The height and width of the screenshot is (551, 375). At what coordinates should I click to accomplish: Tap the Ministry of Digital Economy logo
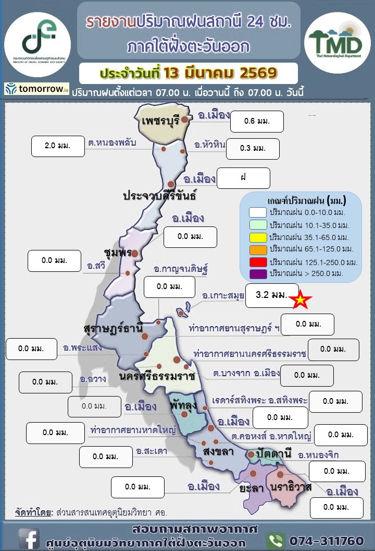click(x=37, y=38)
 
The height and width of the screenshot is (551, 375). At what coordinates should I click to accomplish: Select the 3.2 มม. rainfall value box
click(x=272, y=295)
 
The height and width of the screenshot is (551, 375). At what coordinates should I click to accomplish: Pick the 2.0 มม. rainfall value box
click(x=57, y=146)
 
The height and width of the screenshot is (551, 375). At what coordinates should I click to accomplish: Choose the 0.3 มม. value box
click(x=253, y=148)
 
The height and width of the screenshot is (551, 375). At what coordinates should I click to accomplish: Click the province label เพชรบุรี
click(x=160, y=121)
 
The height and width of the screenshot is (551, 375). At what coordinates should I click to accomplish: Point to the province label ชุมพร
click(x=117, y=252)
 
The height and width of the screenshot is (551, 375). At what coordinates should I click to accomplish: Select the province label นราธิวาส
click(x=291, y=487)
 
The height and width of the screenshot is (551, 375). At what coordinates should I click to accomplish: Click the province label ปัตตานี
click(x=273, y=452)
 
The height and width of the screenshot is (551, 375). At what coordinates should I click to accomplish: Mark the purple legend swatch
click(x=258, y=273)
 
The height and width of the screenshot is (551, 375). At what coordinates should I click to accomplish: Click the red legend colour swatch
click(x=258, y=261)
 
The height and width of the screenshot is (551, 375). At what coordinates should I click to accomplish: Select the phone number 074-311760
click(x=327, y=540)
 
